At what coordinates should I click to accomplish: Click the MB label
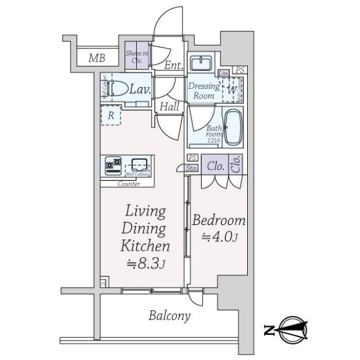point(95,58)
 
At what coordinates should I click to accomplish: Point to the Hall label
point(169,106)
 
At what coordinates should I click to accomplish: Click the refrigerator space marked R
point(111,115)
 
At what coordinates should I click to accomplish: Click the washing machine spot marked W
point(232,91)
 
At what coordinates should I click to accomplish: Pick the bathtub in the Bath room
point(232,127)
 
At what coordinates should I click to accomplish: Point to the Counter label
point(128,184)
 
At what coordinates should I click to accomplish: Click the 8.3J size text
point(146,262)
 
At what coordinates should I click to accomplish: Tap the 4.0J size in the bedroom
point(220,238)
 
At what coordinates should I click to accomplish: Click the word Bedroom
point(219,220)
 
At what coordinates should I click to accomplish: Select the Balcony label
point(170,316)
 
